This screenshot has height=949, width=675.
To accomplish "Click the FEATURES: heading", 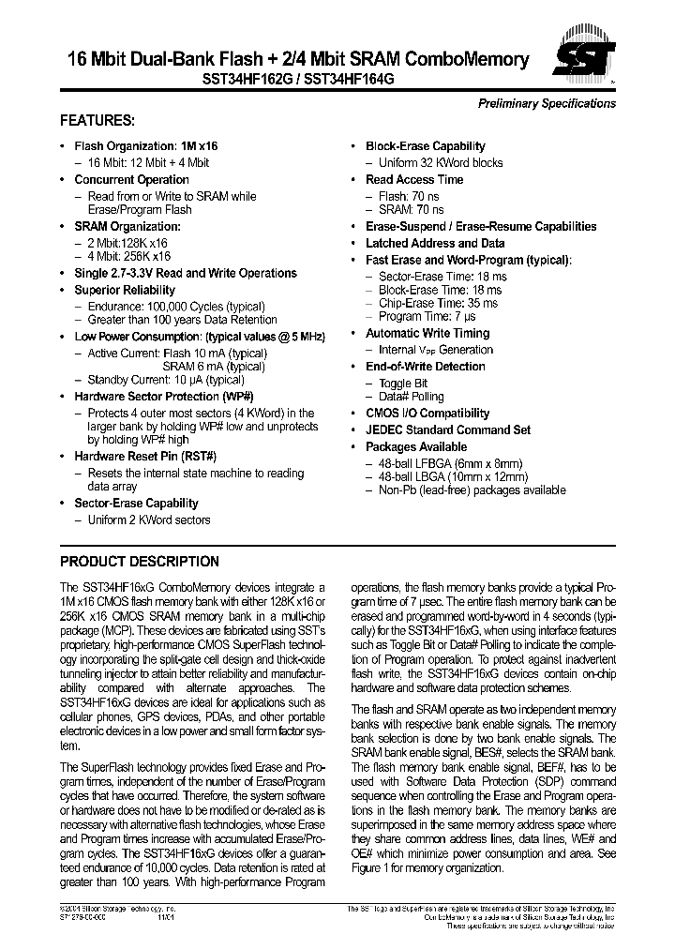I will click(x=97, y=121).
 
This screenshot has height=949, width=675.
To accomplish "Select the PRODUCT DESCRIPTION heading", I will click(x=140, y=562).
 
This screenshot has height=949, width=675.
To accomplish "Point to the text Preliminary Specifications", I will click(x=547, y=103).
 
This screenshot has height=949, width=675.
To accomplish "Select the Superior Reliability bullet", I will click(x=125, y=290).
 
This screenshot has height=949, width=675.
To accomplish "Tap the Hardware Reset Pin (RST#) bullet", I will click(x=145, y=456).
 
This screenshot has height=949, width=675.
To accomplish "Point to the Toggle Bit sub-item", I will click(x=403, y=384).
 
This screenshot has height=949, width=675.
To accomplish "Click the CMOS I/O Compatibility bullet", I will click(x=427, y=413).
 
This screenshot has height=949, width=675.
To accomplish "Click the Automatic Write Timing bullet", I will click(x=427, y=333).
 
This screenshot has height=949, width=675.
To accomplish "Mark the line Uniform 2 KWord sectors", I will click(x=149, y=520).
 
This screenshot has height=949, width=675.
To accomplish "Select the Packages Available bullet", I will click(x=415, y=446).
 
